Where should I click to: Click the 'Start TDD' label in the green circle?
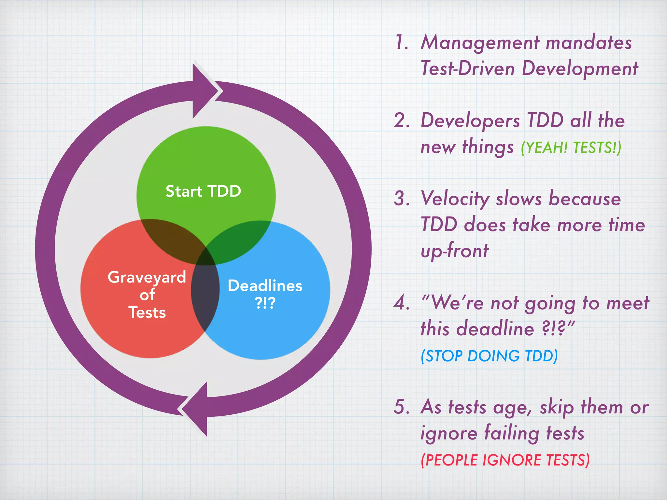tap(203, 191)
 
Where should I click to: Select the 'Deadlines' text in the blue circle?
tap(265, 286)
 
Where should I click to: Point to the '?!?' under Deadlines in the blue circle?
tap(265, 303)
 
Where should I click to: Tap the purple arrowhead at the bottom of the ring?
tap(195, 409)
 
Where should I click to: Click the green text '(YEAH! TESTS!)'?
tap(571, 147)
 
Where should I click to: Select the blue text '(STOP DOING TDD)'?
tap(489, 356)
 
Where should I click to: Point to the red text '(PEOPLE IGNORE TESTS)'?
tap(505, 460)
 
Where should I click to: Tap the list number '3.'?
tap(402, 198)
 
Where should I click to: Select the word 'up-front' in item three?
tap(454, 251)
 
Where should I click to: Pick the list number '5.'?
tap(402, 407)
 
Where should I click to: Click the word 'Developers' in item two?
tap(470, 121)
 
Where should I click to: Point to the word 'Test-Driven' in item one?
tap(468, 69)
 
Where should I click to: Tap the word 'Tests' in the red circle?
tap(147, 312)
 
